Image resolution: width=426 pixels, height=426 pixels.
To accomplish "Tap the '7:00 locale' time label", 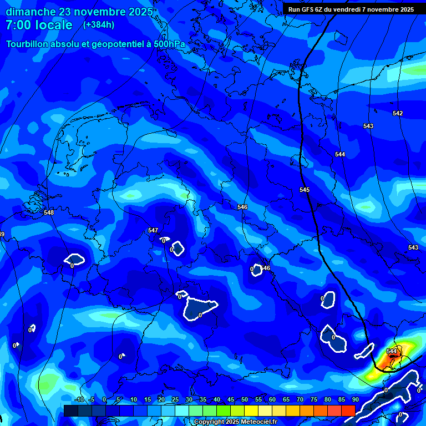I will pyautogui.click(x=39, y=25).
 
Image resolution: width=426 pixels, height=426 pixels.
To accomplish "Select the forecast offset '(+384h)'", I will pyautogui.click(x=99, y=25).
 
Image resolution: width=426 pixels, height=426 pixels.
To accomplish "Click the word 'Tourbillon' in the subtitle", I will pyautogui.click(x=31, y=44).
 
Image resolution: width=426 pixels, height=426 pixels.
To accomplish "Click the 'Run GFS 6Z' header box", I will pyautogui.click(x=351, y=9).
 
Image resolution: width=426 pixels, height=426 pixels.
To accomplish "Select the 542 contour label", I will pyautogui.click(x=398, y=113).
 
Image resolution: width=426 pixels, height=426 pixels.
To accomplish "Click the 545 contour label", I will pyautogui.click(x=305, y=190).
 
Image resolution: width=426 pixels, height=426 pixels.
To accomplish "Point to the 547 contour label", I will pyautogui.click(x=153, y=230).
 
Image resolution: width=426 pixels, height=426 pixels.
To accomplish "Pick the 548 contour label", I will pyautogui.click(x=49, y=212).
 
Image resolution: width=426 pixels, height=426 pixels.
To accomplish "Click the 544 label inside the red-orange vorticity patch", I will pyautogui.click(x=392, y=351).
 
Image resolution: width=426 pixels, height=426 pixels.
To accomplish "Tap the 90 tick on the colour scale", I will pyautogui.click(x=355, y=400).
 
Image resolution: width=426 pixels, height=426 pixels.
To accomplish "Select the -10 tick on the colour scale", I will pyautogui.click(x=79, y=400).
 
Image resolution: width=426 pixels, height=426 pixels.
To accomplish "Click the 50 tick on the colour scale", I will pyautogui.click(x=245, y=400).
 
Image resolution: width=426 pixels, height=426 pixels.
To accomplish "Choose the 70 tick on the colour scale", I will pyautogui.click(x=300, y=400).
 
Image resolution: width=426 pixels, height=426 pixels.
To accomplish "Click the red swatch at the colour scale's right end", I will pyautogui.click(x=348, y=410).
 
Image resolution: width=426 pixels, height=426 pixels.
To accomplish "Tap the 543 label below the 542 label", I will pyautogui.click(x=368, y=126).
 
